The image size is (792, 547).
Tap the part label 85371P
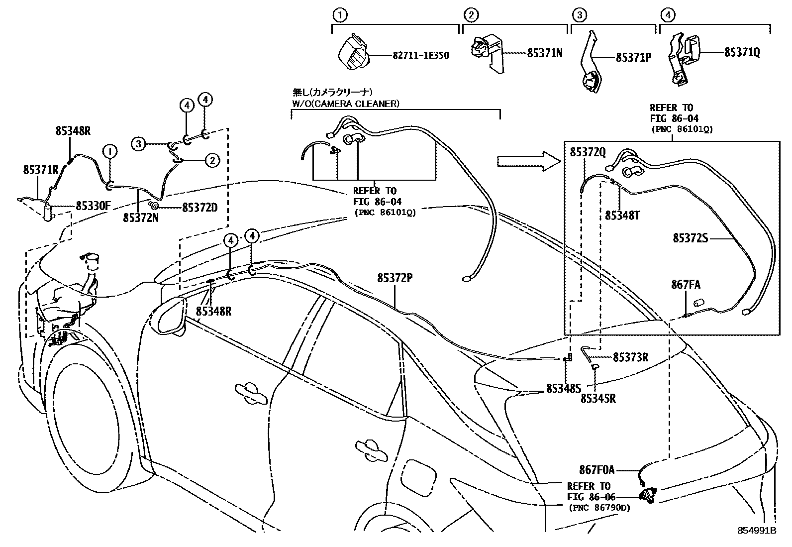(633, 58)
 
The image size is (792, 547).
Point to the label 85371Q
(742, 52)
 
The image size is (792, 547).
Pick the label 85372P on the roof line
(395, 279)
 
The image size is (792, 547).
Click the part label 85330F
(97, 206)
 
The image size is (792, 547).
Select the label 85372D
(199, 207)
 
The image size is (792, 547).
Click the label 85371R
(41, 170)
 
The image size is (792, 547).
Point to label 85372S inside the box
(690, 238)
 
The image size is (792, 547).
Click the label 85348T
(622, 216)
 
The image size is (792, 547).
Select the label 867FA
(686, 285)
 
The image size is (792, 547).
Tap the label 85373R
(630, 357)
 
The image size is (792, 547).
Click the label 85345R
(598, 398)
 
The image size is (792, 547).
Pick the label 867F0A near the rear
(596, 469)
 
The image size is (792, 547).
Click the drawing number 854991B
(757, 531)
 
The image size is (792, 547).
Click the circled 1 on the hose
(110, 151)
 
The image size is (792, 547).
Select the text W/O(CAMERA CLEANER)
(345, 104)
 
